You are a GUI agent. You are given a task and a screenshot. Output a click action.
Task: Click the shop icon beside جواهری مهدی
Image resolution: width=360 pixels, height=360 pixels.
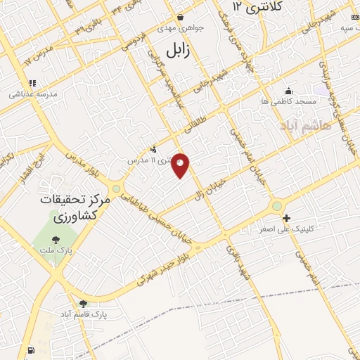pos(180,16)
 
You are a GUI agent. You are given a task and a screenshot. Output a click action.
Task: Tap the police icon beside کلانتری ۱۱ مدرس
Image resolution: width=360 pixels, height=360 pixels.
pos(154,148)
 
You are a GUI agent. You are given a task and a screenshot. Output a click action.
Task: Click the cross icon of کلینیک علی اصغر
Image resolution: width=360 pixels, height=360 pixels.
pos(286,219)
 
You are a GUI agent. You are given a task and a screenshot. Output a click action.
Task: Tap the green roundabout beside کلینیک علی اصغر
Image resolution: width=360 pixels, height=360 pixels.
pos(278,205)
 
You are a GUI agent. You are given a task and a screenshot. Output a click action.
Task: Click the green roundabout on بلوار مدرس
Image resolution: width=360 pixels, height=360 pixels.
pos(116,188)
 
